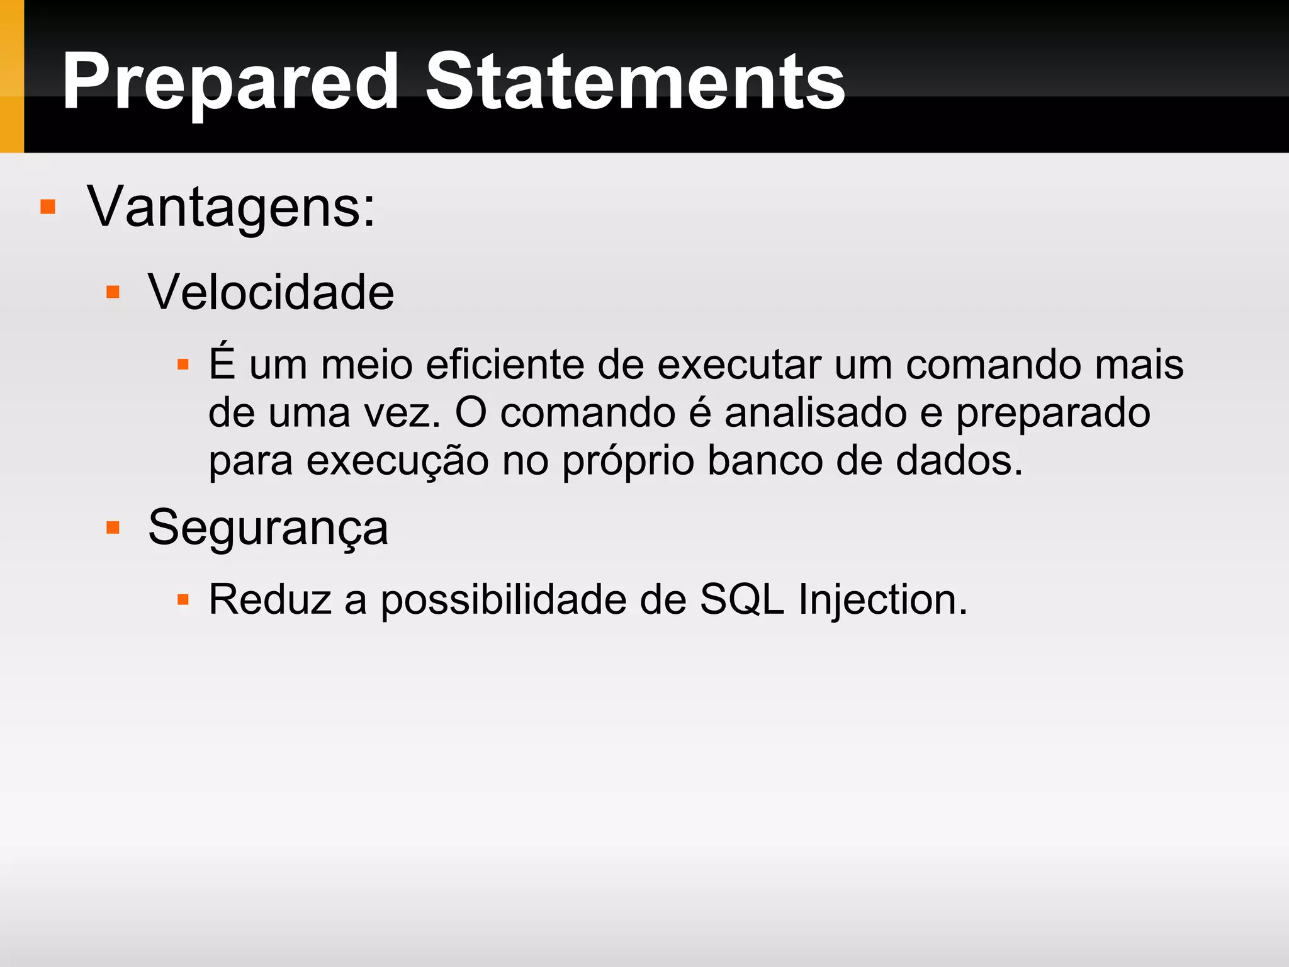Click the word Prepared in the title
click(x=230, y=83)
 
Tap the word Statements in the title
click(x=635, y=83)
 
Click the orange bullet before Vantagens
click(x=48, y=207)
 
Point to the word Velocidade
click(x=271, y=293)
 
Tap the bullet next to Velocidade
click(x=113, y=292)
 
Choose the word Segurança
click(x=268, y=528)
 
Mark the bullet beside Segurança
click(x=113, y=528)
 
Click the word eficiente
click(x=504, y=365)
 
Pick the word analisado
click(x=815, y=414)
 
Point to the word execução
click(x=397, y=461)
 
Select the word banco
click(x=765, y=461)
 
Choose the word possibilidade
click(x=504, y=600)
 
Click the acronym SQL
click(x=742, y=600)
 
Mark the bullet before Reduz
click(x=183, y=599)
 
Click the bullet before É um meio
click(x=183, y=365)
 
